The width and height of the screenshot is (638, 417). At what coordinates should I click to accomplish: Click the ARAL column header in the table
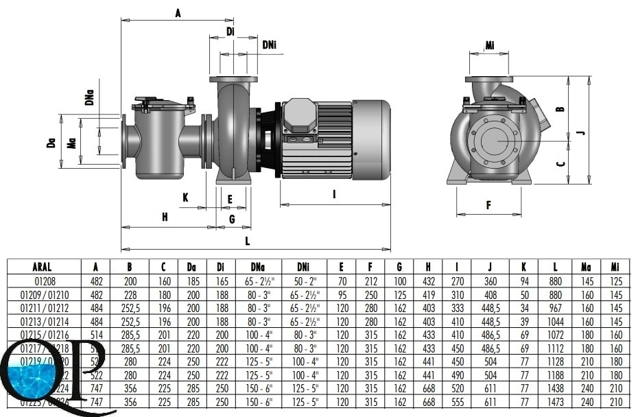point(42,267)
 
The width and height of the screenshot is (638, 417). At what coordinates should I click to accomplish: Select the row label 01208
point(42,280)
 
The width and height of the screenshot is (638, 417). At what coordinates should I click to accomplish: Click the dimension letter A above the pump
point(178,12)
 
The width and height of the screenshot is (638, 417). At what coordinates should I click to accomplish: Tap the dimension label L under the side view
point(247,241)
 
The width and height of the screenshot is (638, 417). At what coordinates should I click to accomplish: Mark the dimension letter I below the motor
point(334,194)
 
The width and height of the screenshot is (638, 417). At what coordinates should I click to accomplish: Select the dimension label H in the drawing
point(165,217)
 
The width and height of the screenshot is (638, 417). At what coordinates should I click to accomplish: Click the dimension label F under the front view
point(488,204)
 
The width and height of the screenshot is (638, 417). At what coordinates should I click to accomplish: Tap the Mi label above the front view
point(490,46)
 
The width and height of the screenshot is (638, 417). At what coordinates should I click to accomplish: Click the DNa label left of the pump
point(90,99)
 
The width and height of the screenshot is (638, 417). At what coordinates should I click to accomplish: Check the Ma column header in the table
point(587,267)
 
